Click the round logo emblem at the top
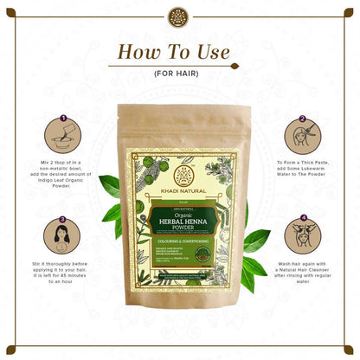180,16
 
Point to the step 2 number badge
303,120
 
